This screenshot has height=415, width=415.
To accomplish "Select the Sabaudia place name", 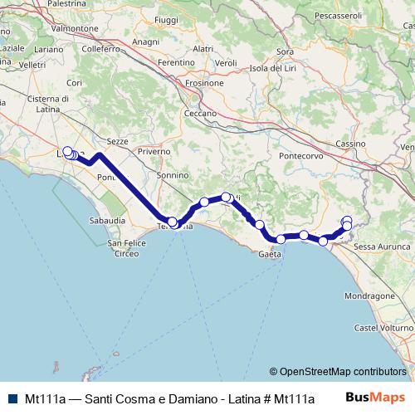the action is (107, 221).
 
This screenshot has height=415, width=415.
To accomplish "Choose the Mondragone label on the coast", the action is (368, 295).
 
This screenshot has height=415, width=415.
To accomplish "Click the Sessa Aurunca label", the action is (377, 247).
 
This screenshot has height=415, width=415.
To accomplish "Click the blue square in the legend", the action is (12, 397).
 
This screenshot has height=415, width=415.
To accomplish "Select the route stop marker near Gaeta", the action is (281, 239).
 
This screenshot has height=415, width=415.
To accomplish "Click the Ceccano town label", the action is (200, 113).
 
